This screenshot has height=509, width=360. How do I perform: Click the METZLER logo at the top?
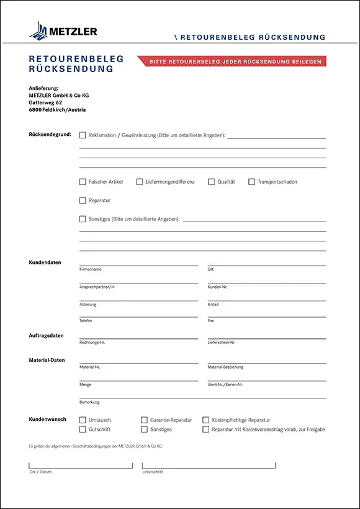[x=63, y=30]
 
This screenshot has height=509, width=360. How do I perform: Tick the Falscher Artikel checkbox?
[x=83, y=182]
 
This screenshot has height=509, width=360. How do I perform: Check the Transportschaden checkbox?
[x=251, y=182]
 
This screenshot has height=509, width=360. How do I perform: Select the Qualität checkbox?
[x=211, y=182]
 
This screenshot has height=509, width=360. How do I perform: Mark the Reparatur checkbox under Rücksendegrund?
[x=83, y=200]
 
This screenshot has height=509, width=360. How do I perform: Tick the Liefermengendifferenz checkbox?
[x=140, y=182]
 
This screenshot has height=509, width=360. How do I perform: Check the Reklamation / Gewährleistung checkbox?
[x=83, y=135]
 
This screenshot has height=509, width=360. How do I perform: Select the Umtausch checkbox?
[x=83, y=420]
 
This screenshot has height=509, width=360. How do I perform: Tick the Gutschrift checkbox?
[x=83, y=430]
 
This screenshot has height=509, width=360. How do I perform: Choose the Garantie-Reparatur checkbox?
[x=144, y=420]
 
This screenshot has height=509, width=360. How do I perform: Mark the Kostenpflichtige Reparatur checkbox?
[x=206, y=420]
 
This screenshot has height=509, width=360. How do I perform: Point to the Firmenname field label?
[x=91, y=269]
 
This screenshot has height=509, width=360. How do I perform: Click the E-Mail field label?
[x=214, y=304]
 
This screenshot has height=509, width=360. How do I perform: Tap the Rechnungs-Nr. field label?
[x=92, y=342]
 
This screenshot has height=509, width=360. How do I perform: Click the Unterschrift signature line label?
[x=153, y=472]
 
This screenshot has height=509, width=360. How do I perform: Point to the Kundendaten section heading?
[x=45, y=263]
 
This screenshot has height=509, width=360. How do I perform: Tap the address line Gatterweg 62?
[x=45, y=102]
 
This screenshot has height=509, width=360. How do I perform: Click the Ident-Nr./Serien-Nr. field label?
[x=225, y=385]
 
